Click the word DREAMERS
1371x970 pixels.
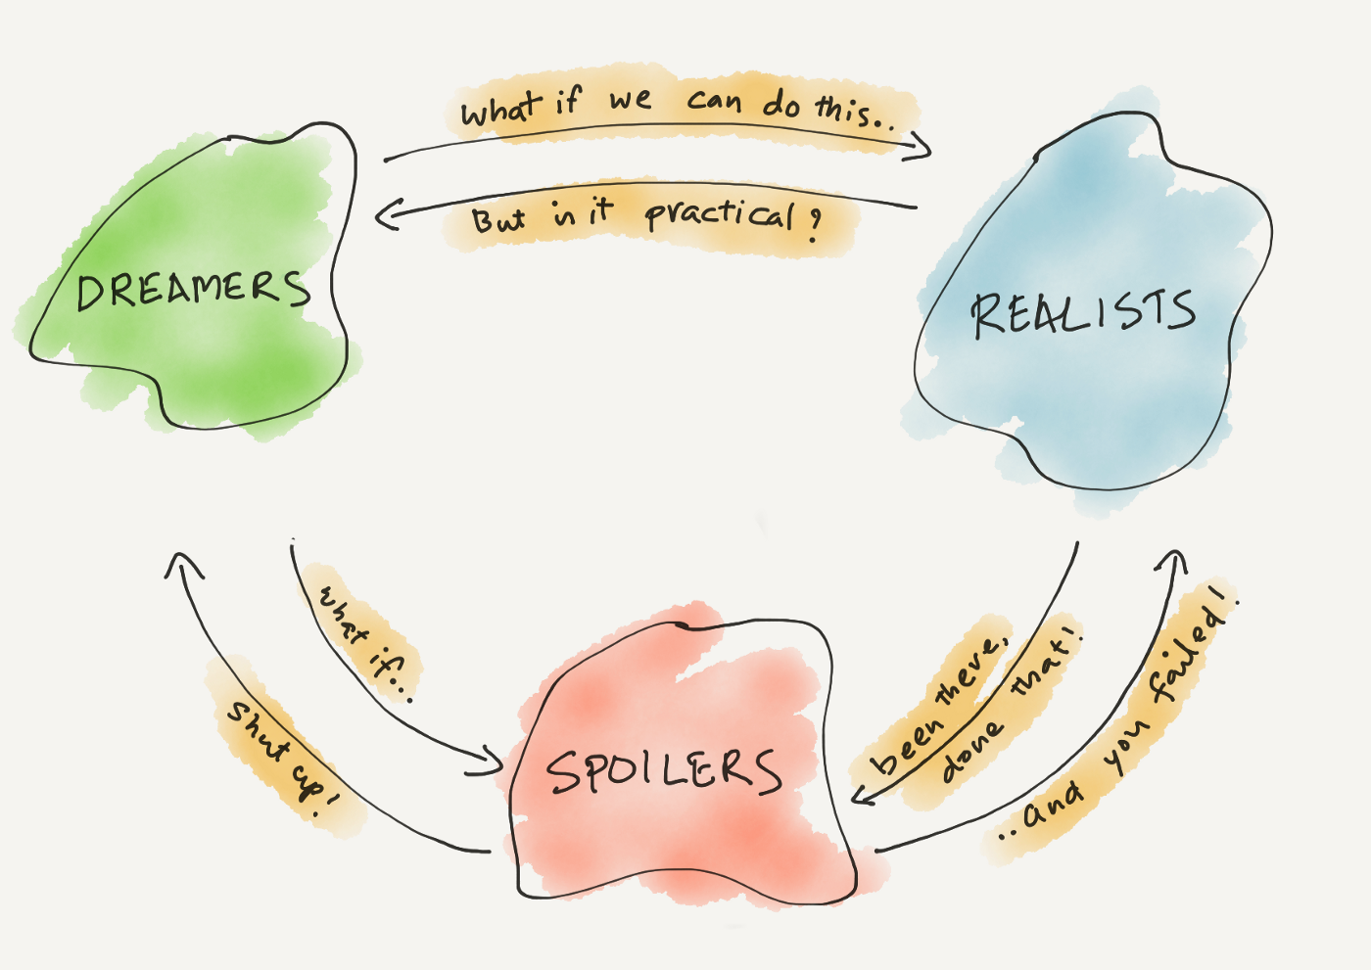[193, 291]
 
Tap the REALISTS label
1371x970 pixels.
[1083, 313]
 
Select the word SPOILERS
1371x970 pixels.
[665, 771]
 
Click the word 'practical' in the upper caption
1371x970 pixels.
[719, 213]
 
